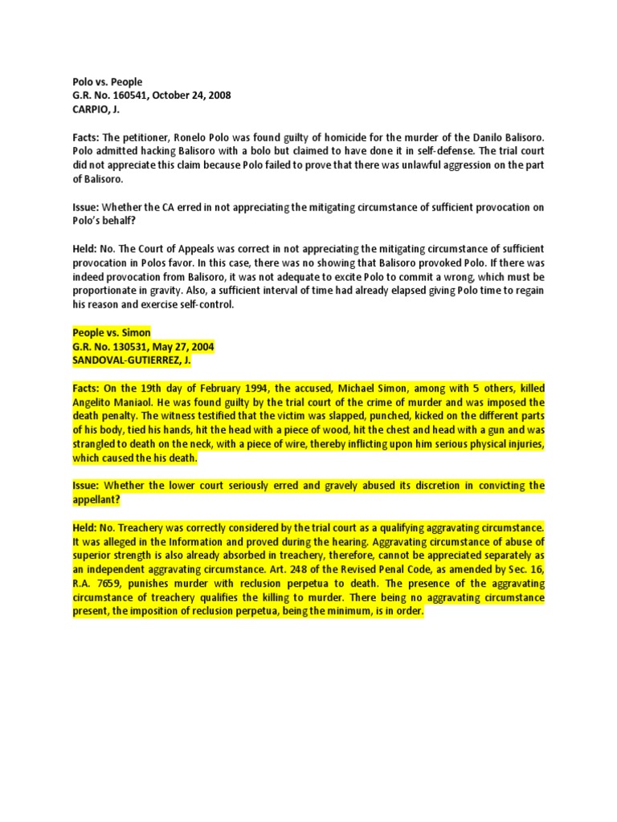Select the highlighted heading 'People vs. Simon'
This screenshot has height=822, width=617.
pos(111,333)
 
